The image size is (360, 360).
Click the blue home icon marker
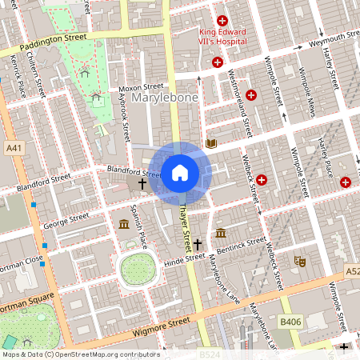click(180, 172)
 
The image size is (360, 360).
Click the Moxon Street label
click(141, 86)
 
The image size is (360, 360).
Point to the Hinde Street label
click(185, 258)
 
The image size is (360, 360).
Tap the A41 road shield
click(14, 149)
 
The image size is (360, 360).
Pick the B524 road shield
click(210, 353)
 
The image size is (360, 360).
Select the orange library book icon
click(211, 144)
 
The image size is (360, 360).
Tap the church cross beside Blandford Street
click(142, 184)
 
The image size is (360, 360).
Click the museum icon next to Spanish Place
click(124, 223)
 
